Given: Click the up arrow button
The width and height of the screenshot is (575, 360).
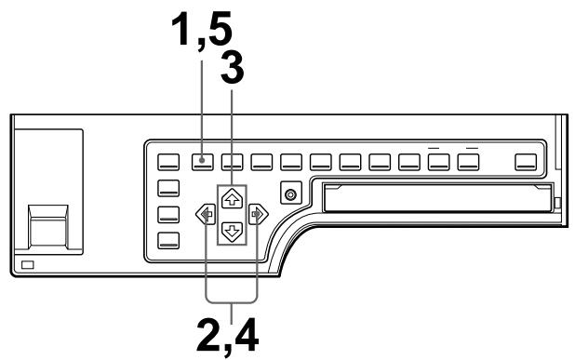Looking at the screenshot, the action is (x=232, y=197).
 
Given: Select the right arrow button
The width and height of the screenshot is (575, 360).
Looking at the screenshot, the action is (x=259, y=213).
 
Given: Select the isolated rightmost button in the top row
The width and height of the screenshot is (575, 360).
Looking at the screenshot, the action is (x=528, y=160).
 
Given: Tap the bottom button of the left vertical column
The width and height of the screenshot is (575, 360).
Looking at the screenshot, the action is (x=168, y=242).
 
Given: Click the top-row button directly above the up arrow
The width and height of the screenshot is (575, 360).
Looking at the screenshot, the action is (x=232, y=160).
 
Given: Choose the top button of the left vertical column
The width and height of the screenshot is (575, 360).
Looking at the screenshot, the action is (x=168, y=186).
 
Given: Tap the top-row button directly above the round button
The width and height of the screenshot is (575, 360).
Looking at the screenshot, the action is (x=291, y=160).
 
